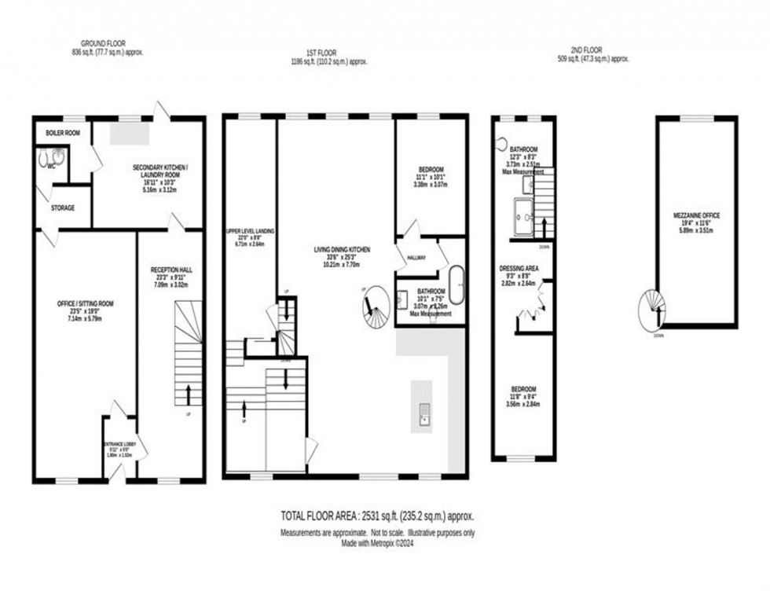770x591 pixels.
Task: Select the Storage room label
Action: click(63, 208)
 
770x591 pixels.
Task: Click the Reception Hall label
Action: click(170, 274)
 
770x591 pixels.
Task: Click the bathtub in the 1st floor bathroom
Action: click(456, 286)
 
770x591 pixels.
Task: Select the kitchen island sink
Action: click(423, 413)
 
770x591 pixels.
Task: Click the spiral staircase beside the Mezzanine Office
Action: click(651, 311)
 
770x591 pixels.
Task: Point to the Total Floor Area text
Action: click(377, 516)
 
